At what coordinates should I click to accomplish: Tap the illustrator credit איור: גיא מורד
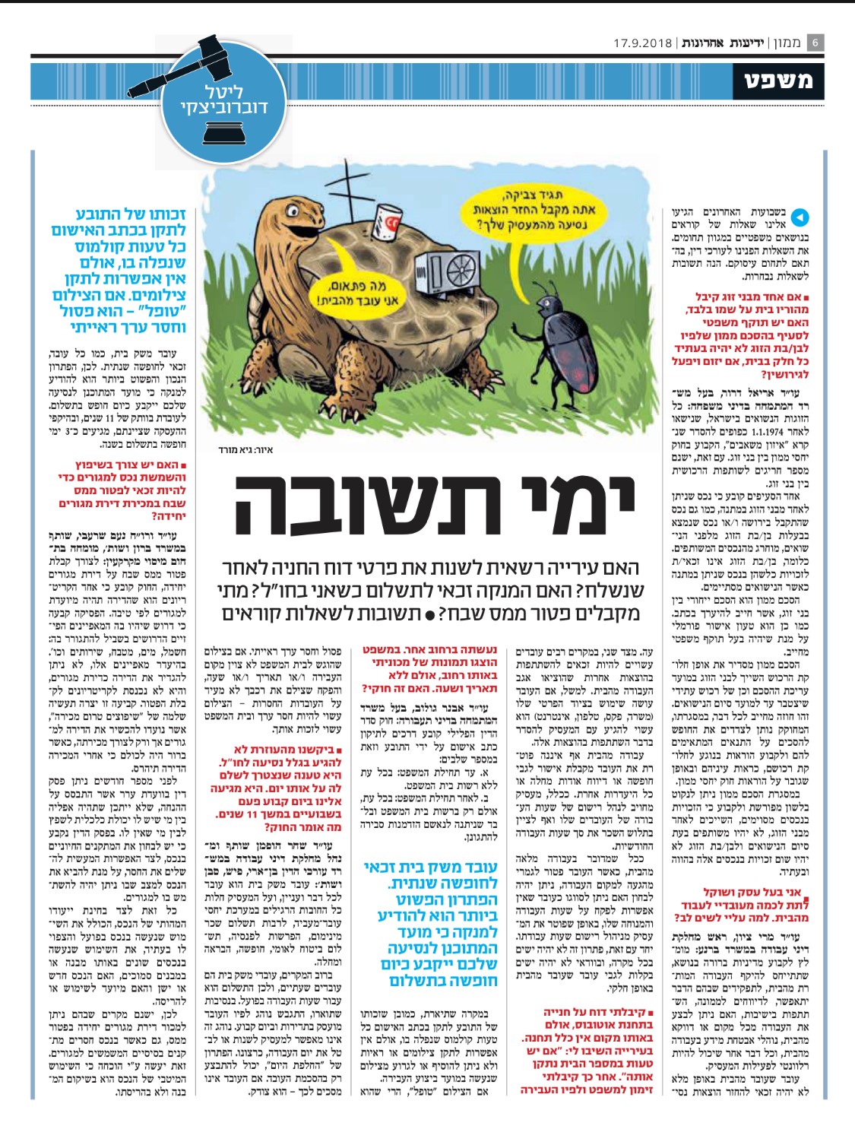[249, 449]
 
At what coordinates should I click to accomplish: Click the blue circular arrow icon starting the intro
[800, 217]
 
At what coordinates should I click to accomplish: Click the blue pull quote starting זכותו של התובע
[120, 271]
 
